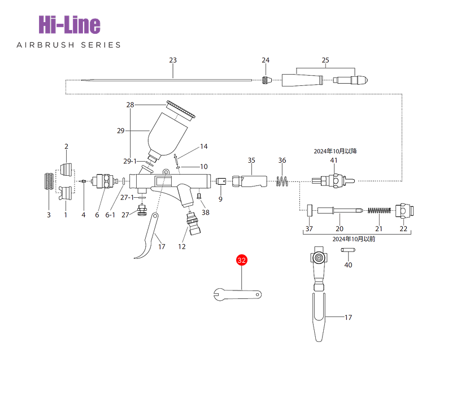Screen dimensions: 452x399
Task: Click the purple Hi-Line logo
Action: tap(69, 25)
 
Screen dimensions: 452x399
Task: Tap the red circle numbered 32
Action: tap(242, 260)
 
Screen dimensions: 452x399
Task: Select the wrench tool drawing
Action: tap(237, 294)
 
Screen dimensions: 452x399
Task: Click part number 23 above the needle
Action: tap(173, 60)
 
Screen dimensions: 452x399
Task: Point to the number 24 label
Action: tap(266, 60)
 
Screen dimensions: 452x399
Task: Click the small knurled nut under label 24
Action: tap(266, 80)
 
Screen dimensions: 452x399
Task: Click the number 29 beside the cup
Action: tap(121, 131)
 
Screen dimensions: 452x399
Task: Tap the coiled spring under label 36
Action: tap(282, 181)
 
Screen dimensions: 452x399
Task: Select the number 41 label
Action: tap(334, 161)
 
